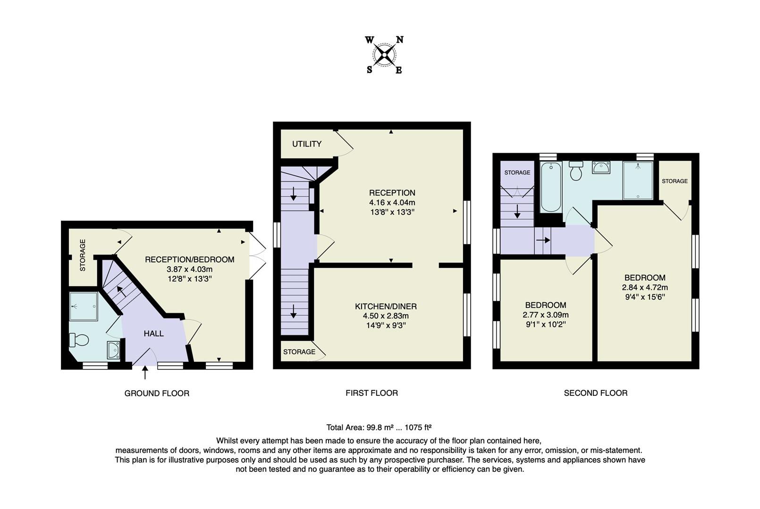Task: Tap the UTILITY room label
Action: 306,144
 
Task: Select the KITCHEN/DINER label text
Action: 386,306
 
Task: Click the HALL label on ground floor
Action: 153,334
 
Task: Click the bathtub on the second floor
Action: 550,187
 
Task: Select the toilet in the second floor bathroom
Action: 576,171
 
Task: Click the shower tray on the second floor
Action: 638,180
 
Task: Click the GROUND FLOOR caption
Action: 157,393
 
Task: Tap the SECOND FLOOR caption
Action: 595,393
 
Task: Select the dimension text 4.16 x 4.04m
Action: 392,202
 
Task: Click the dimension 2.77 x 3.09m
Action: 545,315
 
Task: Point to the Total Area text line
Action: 379,427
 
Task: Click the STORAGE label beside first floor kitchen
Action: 299,352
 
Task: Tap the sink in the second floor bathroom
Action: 600,167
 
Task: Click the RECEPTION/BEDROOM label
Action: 189,259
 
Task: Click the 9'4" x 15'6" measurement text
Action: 644,297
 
